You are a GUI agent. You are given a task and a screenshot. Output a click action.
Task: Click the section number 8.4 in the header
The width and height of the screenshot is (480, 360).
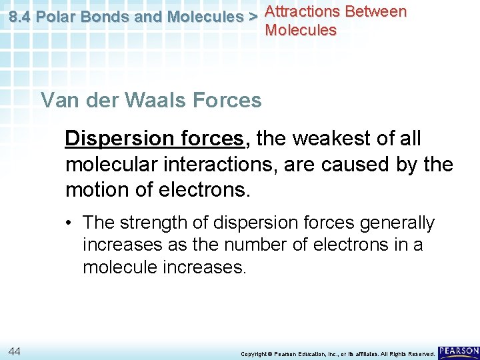click(20, 17)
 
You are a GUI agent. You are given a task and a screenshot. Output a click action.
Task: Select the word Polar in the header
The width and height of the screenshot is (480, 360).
click(56, 17)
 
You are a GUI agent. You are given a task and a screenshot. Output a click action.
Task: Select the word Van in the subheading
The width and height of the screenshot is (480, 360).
click(57, 101)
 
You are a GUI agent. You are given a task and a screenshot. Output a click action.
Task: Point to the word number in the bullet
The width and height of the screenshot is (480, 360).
click(250, 245)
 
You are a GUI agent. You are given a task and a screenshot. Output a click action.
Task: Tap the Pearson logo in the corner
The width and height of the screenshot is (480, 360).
click(459, 351)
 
